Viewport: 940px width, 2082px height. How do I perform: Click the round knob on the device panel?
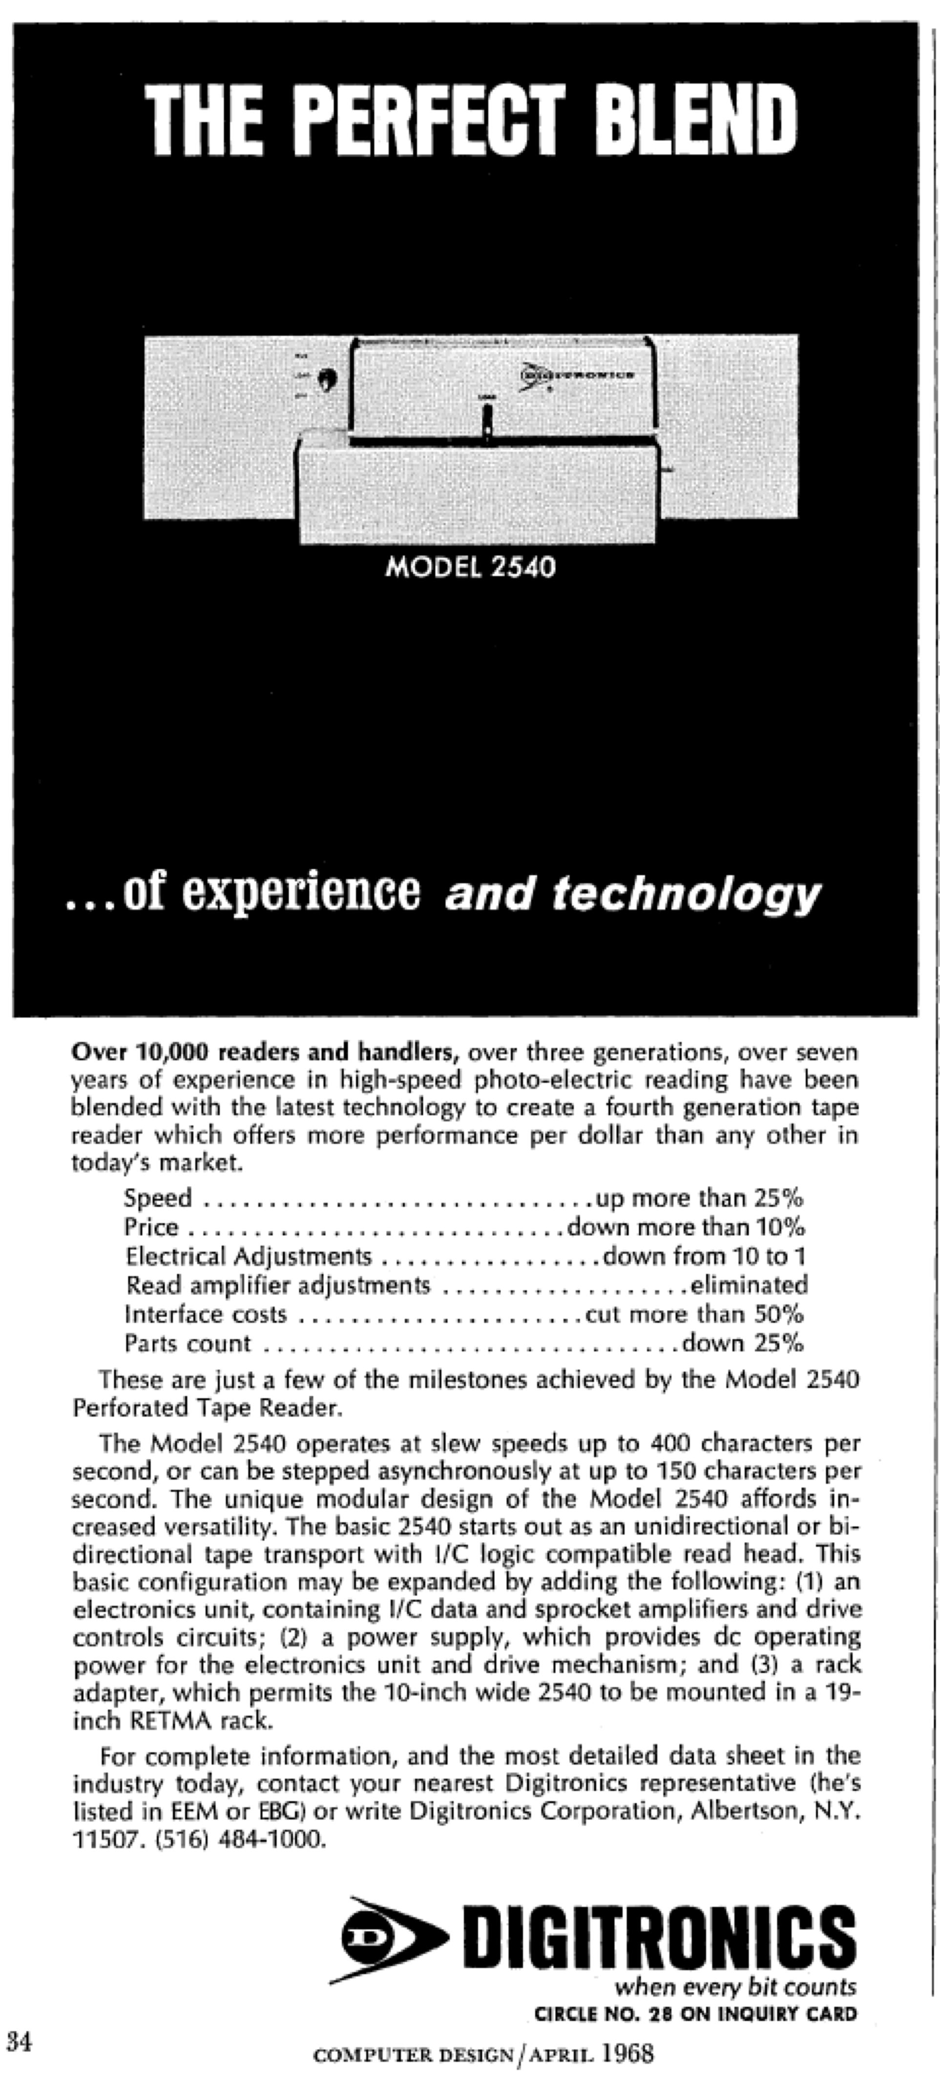[x=327, y=378]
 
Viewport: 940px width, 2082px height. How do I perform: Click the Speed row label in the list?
[x=158, y=1198]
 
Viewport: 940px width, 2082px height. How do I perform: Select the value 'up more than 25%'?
[x=699, y=1198]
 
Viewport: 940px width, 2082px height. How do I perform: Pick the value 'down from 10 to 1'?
[x=704, y=1256]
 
